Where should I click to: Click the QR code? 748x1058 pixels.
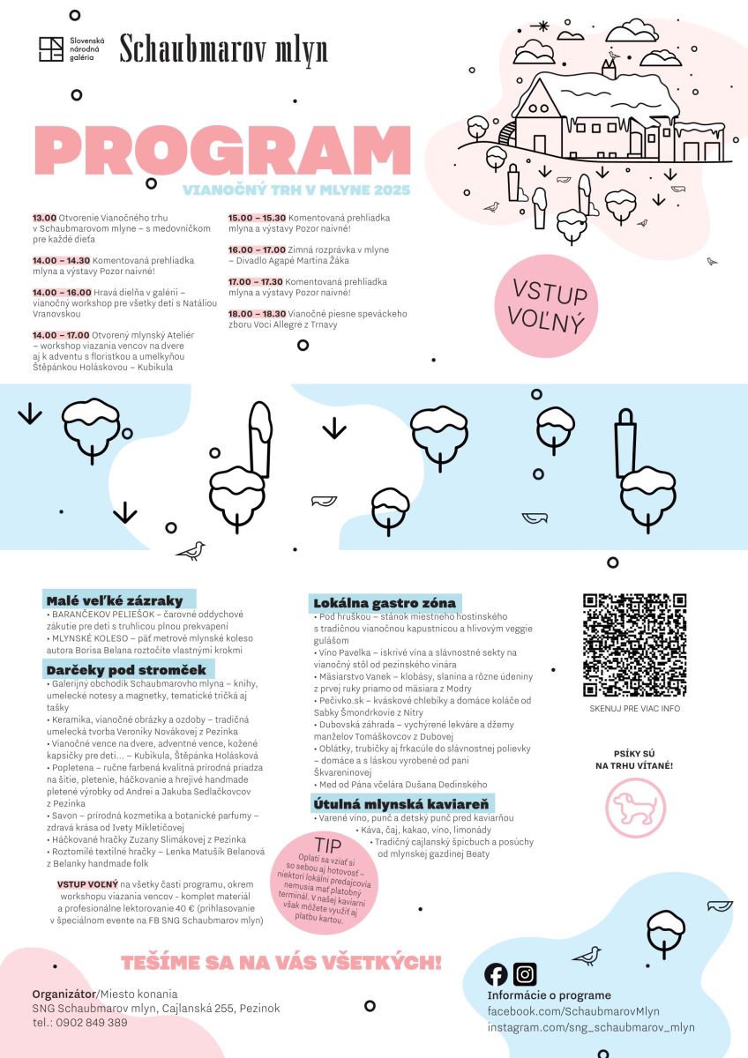(x=634, y=645)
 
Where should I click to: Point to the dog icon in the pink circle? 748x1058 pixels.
(x=635, y=807)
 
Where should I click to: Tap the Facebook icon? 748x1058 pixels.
(x=497, y=973)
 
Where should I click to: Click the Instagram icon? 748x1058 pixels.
(x=525, y=973)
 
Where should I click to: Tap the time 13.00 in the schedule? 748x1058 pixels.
(x=44, y=217)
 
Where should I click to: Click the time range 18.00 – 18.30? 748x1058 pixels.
(x=257, y=314)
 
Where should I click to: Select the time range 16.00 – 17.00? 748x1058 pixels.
(x=257, y=250)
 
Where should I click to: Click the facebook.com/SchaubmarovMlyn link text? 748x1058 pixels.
(x=573, y=1011)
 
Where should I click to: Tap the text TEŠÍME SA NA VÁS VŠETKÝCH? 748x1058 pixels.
(x=280, y=962)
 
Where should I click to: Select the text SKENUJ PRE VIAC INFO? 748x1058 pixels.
(x=634, y=708)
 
